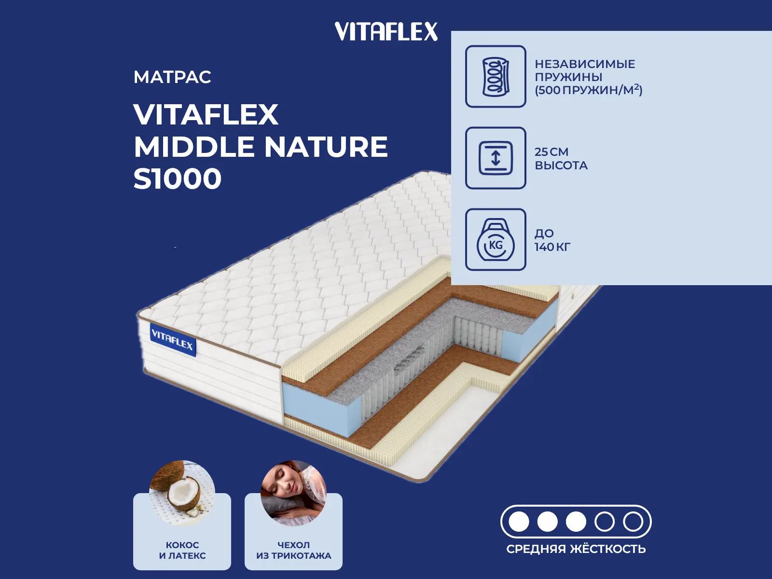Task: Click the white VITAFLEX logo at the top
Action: click(386, 31)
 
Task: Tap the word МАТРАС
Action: click(172, 77)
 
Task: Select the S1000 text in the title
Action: click(178, 179)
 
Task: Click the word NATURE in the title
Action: click(326, 147)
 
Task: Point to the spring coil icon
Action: click(496, 76)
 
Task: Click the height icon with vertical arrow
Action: click(496, 158)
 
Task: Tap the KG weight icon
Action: click(496, 239)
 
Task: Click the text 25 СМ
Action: click(551, 152)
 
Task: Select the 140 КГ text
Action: click(552, 247)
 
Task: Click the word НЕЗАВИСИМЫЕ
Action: click(585, 64)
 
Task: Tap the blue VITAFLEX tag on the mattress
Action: click(173, 340)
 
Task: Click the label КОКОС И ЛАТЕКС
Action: click(182, 550)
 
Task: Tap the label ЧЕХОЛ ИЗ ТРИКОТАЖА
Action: click(294, 550)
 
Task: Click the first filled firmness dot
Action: click(519, 522)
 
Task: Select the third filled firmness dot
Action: click(576, 522)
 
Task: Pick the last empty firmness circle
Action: click(633, 522)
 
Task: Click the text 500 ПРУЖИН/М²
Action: click(588, 90)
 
